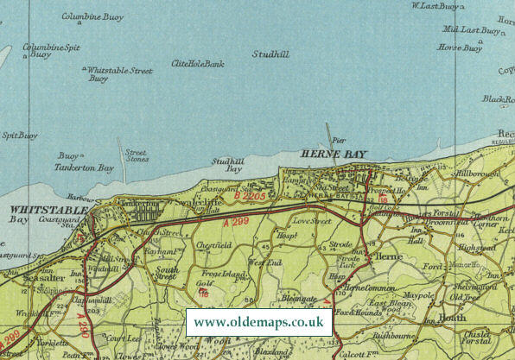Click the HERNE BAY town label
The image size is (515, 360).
(x=333, y=154)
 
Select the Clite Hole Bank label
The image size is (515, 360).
(x=198, y=64)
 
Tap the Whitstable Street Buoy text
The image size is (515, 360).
(x=119, y=74)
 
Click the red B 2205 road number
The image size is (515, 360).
(x=251, y=198)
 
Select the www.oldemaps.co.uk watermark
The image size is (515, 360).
(x=258, y=322)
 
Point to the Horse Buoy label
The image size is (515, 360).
(x=460, y=48)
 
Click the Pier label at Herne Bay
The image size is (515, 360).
(x=338, y=137)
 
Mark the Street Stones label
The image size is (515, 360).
(x=137, y=156)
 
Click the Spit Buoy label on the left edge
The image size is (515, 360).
(x=20, y=135)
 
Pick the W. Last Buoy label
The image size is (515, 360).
(x=435, y=7)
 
